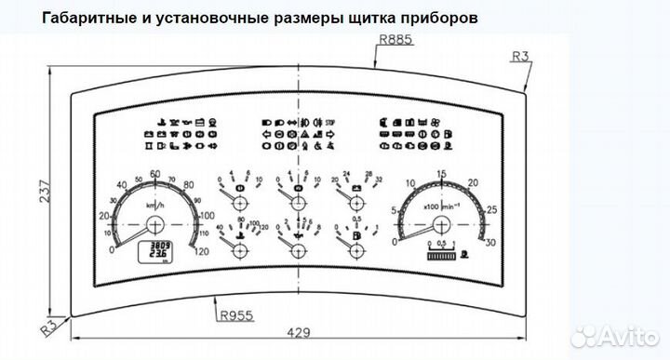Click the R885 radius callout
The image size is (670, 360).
pyautogui.click(x=395, y=40)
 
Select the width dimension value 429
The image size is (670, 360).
pyautogui.click(x=297, y=332)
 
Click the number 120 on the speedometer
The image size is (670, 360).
pyautogui.click(x=200, y=250)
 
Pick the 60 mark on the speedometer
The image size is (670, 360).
pyautogui.click(x=154, y=174)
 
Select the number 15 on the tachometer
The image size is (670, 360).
pyautogui.click(x=441, y=174)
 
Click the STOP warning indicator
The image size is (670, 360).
pyautogui.click(x=329, y=122)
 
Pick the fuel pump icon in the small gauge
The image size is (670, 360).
pyautogui.click(x=356, y=237)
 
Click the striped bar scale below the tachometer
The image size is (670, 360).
pyautogui.click(x=439, y=254)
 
